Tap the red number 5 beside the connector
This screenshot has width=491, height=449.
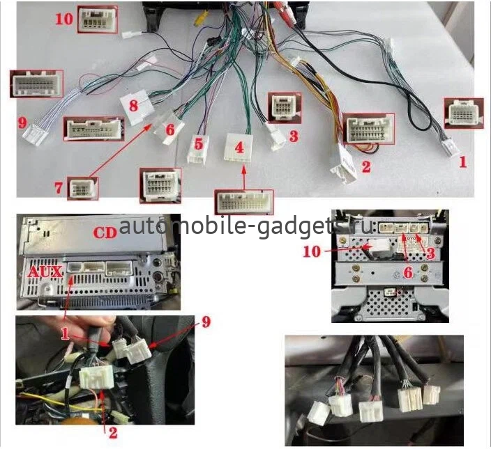(x=199, y=143)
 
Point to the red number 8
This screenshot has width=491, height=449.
(x=134, y=106)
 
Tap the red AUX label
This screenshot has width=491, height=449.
(x=45, y=270)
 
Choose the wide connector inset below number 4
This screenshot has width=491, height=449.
(x=243, y=203)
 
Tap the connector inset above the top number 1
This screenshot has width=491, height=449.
(x=462, y=113)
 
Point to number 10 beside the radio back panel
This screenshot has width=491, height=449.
(x=314, y=251)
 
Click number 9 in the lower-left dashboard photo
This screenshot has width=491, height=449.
(x=205, y=322)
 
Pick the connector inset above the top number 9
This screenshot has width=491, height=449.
(x=36, y=84)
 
